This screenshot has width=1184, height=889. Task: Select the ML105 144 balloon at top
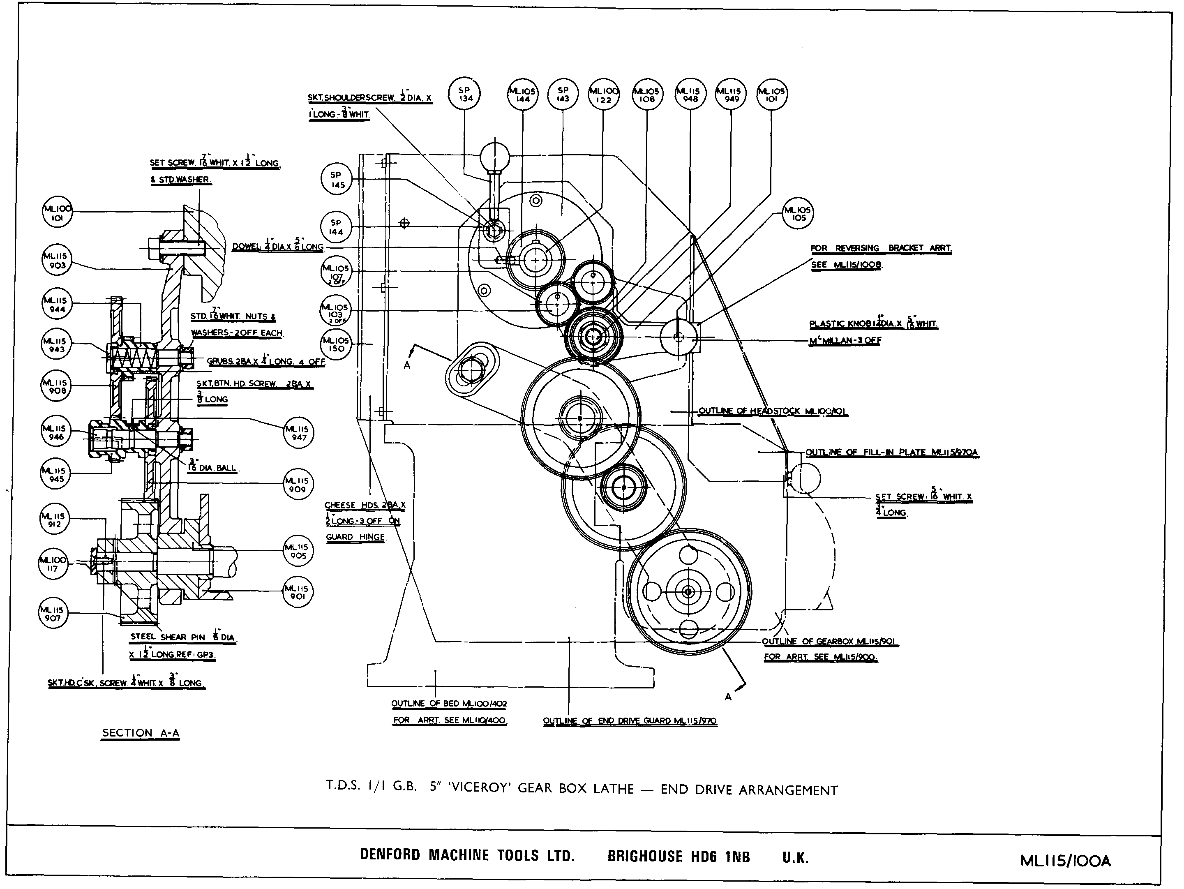pos(522,95)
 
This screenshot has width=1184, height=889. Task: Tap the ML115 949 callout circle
pos(731,95)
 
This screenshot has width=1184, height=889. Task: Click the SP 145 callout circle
pos(337,179)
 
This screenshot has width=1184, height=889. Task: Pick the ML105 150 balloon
pos(336,344)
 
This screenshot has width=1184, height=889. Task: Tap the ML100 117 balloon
pos(53,564)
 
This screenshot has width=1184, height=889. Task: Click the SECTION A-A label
pos(140,733)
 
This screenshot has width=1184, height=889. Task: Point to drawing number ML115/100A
pos(1065,861)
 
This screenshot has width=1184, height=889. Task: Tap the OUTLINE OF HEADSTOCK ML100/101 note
pos(772,411)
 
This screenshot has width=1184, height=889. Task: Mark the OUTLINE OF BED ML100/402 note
pos(448,703)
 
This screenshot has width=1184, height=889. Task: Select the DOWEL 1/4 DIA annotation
pos(278,247)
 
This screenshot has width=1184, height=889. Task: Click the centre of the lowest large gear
pos(688,591)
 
